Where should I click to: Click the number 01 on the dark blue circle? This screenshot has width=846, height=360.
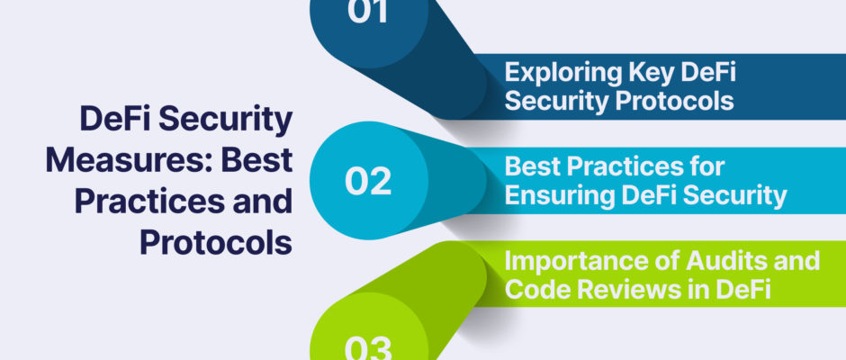(368, 11)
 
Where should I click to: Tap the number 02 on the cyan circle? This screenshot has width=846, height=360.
(368, 181)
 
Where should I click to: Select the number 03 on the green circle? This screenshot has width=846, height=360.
(368, 349)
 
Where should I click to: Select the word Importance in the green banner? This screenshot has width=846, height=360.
(565, 262)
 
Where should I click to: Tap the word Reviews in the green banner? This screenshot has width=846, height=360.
(615, 290)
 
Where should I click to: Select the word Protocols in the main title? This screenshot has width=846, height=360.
(216, 243)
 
